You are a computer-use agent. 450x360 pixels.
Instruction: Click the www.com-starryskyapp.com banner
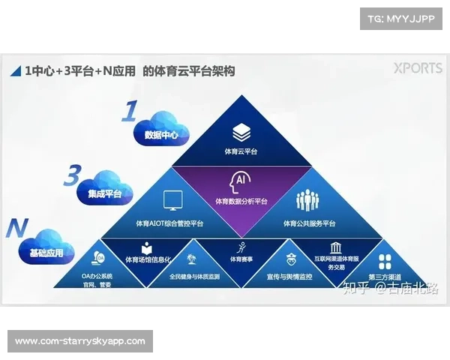tap(80, 341)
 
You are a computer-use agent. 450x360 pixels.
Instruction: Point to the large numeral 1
tap(130, 112)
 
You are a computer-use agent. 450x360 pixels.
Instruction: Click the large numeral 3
tap(71, 175)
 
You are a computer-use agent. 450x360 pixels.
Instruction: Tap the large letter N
tap(16, 228)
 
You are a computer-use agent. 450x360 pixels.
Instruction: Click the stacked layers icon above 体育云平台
tap(240, 133)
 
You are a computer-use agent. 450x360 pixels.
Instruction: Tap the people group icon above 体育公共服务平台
tap(309, 200)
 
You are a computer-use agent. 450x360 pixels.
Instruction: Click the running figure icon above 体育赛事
tap(240, 247)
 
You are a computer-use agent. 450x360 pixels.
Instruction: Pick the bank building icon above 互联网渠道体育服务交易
tap(335, 248)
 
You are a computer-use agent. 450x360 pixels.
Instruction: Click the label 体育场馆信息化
tap(148, 260)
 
